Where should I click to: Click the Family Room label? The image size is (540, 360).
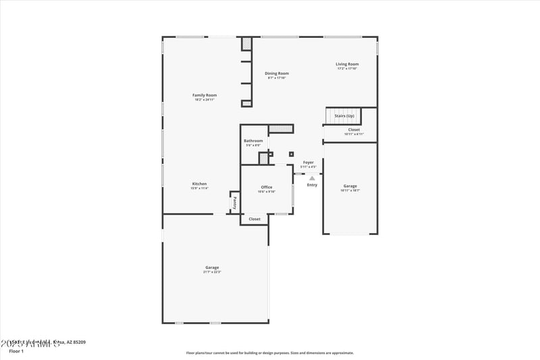click(205, 95)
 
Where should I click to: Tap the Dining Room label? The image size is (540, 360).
click(277, 73)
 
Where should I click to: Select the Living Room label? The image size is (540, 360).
click(347, 64)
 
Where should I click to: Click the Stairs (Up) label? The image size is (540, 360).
click(344, 116)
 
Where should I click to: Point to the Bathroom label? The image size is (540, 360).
click(253, 140)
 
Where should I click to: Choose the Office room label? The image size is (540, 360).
click(267, 187)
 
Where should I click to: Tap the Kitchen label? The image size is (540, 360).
click(199, 184)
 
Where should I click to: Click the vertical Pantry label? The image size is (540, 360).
click(234, 201)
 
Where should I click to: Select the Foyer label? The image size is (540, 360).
click(308, 162)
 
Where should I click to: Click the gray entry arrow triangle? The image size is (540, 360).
click(312, 178)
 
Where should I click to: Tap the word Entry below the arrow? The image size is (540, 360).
click(312, 184)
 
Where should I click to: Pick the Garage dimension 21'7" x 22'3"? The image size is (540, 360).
click(212, 272)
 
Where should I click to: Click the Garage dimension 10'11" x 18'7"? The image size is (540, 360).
click(350, 190)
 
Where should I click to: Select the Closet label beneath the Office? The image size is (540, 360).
click(254, 219)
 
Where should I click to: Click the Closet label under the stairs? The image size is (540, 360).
click(354, 130)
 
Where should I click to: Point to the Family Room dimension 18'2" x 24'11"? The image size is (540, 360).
click(205, 100)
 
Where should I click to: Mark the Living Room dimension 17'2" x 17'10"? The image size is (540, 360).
click(347, 69)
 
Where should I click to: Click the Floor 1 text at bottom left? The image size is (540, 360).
click(16, 351)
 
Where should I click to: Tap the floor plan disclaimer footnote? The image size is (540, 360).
click(269, 353)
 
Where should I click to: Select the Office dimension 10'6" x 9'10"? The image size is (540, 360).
click(267, 192)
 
